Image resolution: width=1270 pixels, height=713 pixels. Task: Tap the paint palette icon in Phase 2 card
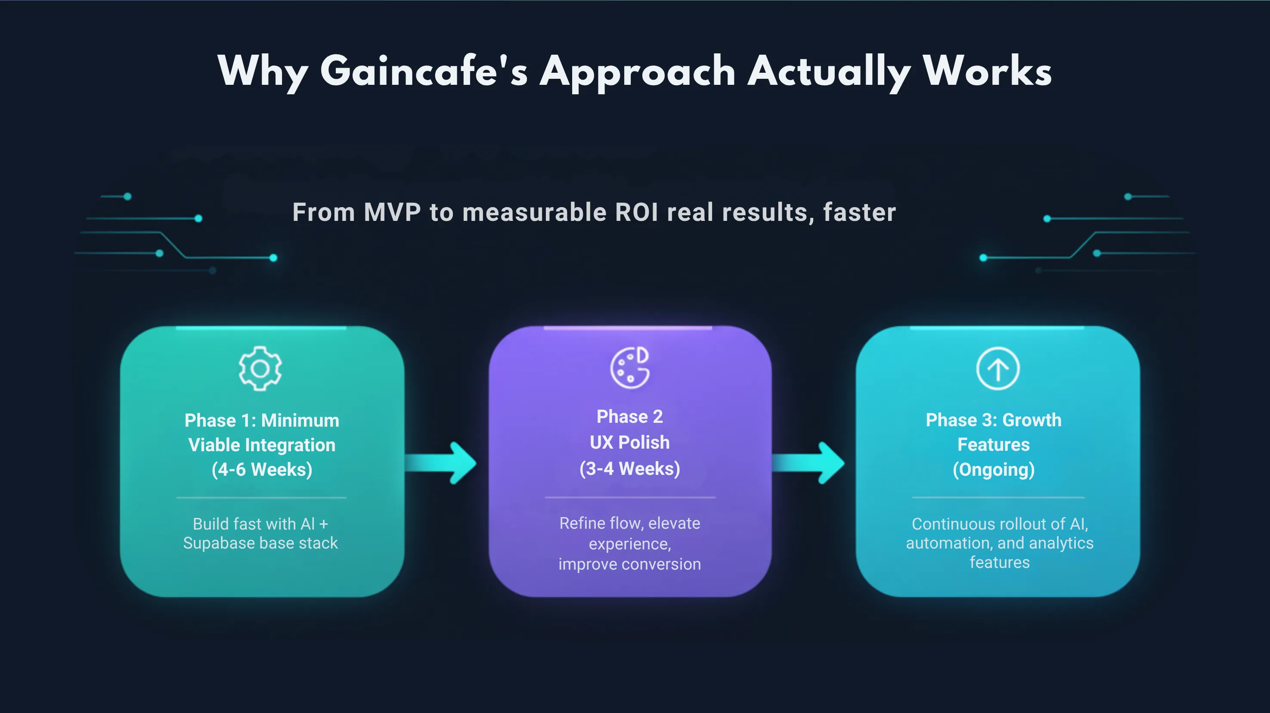pyautogui.click(x=630, y=368)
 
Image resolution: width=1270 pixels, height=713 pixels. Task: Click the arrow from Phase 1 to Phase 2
pyautogui.click(x=440, y=463)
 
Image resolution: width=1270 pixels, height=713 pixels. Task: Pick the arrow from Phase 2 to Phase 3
pyautogui.click(x=808, y=463)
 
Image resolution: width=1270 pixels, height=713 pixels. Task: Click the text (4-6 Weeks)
pyautogui.click(x=262, y=469)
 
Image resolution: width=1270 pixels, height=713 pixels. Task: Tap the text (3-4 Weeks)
pyautogui.click(x=629, y=468)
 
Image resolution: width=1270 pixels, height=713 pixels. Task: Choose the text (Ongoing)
pyautogui.click(x=994, y=469)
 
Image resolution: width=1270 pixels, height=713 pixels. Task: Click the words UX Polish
pyautogui.click(x=629, y=442)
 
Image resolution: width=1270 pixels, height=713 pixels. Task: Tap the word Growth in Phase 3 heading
pyautogui.click(x=1032, y=420)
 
